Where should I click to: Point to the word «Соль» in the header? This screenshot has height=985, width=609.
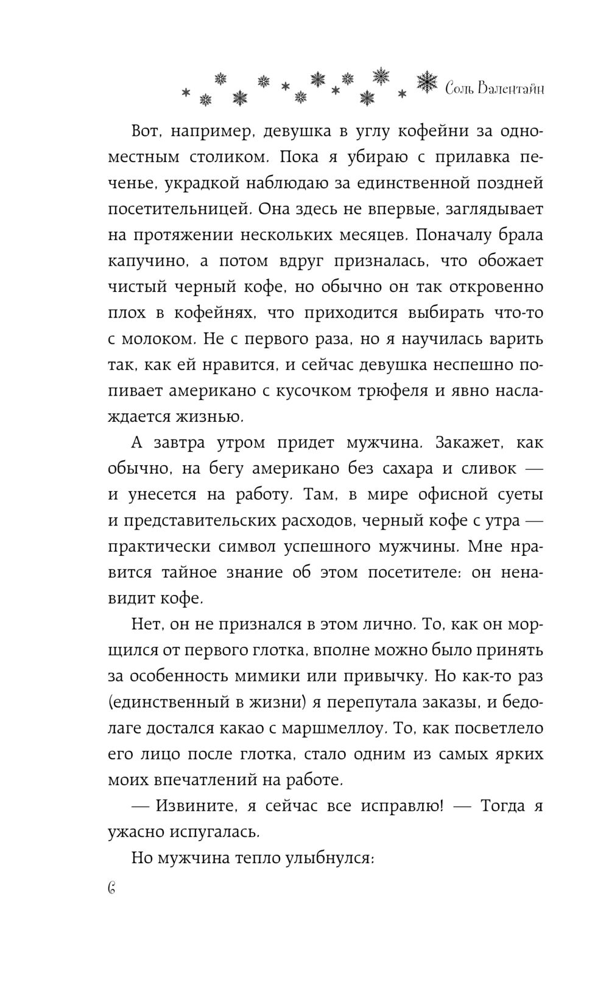[x=461, y=89]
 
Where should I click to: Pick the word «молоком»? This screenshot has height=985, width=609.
[x=160, y=339]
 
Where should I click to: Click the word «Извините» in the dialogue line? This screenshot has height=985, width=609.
[x=197, y=806]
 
